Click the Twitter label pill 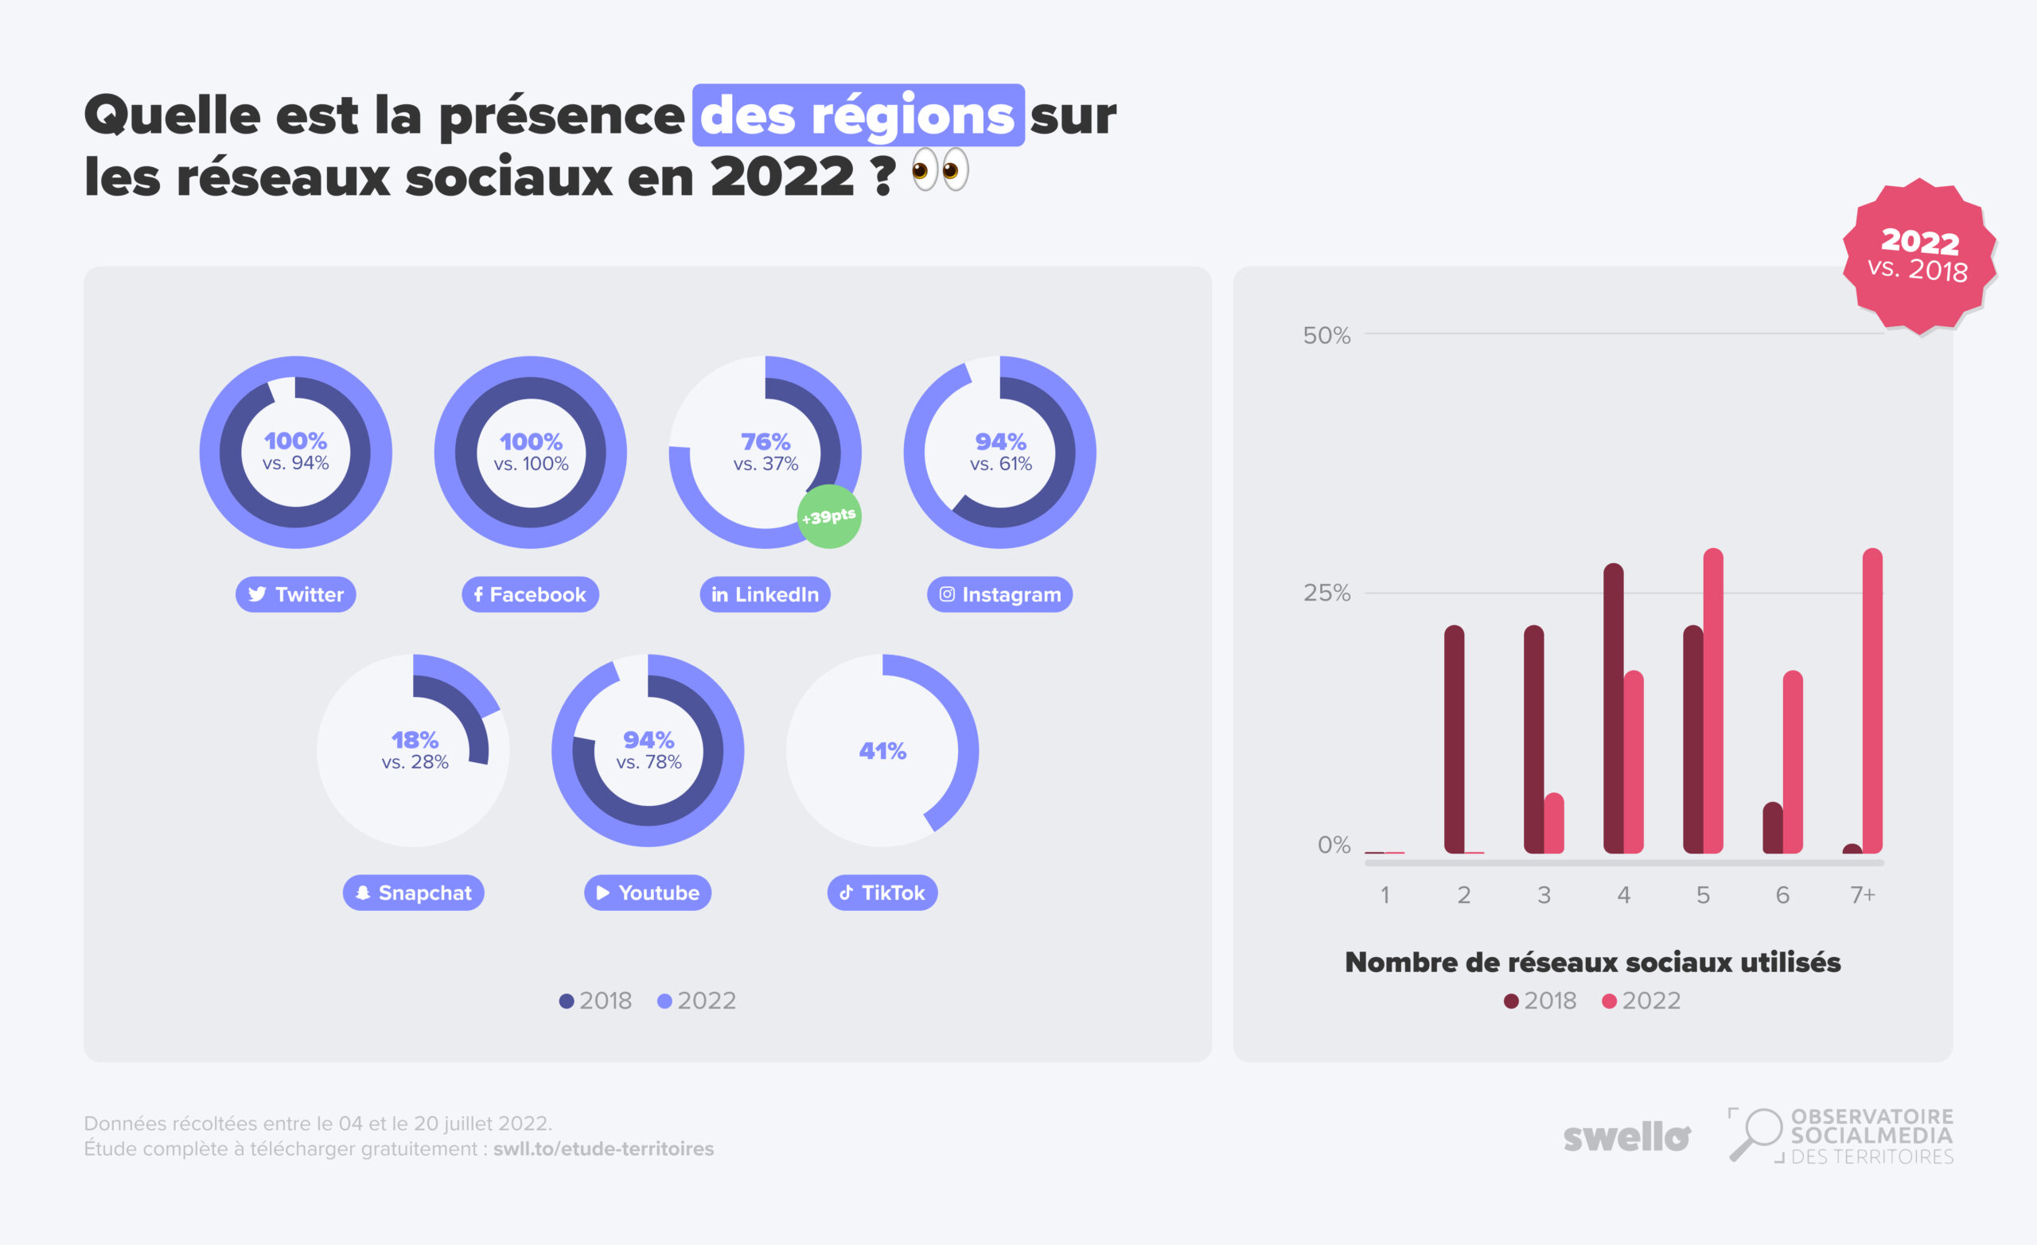point(295,594)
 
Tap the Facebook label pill point(530,594)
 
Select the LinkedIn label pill point(765,594)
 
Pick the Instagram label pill point(999,594)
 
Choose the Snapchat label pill point(413,893)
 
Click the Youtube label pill point(648,893)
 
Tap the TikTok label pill point(882,893)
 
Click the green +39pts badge point(829,516)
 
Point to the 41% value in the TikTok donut point(882,751)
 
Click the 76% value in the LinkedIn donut point(765,442)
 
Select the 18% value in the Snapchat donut point(415,739)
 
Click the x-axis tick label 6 point(1782,895)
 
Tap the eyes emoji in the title point(940,171)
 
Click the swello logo point(1626,1138)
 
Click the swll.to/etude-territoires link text point(603,1149)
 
